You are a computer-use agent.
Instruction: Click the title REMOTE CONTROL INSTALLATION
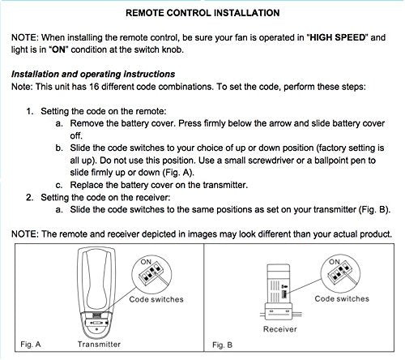202,13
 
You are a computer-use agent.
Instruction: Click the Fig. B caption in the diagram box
223,345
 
